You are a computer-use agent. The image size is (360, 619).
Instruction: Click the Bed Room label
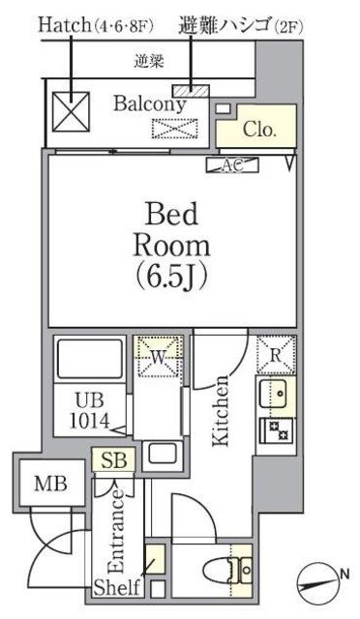172,230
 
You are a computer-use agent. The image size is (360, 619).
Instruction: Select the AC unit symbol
232,165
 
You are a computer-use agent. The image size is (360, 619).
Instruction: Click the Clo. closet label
258,129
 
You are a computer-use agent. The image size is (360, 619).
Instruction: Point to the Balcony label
150,104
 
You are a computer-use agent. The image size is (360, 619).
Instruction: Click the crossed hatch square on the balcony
72,112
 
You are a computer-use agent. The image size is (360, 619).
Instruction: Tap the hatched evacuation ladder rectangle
191,91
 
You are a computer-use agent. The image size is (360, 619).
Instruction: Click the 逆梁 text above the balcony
149,61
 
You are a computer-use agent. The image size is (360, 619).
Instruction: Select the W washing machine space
158,357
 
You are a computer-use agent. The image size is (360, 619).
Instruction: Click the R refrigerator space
276,355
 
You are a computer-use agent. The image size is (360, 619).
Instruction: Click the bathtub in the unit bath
90,359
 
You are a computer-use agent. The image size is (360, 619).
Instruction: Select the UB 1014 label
90,412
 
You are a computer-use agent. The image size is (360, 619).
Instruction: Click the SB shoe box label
114,460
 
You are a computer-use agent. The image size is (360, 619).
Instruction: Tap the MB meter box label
50,484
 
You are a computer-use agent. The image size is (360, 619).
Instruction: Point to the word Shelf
117,587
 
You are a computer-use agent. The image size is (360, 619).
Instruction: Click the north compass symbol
319,578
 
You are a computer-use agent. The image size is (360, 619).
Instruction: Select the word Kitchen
221,411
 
